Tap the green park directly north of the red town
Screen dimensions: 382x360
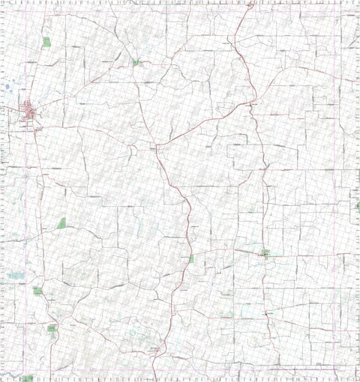(x=46, y=42)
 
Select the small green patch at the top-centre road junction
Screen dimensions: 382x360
(x=136, y=62)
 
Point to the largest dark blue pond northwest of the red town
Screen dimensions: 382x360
(x=7, y=87)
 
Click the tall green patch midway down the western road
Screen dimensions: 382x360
(x=61, y=222)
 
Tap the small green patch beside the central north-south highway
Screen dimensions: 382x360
(x=191, y=258)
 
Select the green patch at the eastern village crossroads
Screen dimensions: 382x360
(x=265, y=253)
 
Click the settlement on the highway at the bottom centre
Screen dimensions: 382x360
(x=155, y=349)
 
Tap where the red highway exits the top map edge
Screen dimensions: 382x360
(x=250, y=2)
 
